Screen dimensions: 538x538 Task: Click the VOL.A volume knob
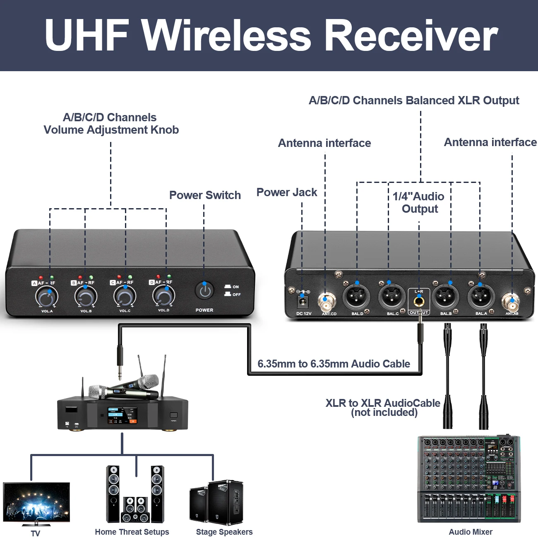point(46,296)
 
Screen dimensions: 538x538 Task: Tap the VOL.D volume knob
point(163,295)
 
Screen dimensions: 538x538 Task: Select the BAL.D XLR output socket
point(356,296)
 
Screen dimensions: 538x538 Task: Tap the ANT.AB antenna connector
point(512,302)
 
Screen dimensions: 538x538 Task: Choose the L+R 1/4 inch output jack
point(419,301)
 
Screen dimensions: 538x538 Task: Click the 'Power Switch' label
point(205,195)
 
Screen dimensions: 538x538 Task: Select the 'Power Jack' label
point(287,192)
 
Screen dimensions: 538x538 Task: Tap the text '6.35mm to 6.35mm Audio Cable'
point(334,364)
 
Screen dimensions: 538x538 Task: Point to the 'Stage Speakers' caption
point(224,532)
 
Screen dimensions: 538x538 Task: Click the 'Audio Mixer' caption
point(471,532)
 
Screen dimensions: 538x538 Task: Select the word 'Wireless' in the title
point(226,36)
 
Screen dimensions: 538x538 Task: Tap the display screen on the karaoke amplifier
point(122,415)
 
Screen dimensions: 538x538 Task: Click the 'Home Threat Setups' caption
point(132,532)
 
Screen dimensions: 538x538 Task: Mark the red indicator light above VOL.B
point(80,277)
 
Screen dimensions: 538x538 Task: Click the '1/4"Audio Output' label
point(419,202)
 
